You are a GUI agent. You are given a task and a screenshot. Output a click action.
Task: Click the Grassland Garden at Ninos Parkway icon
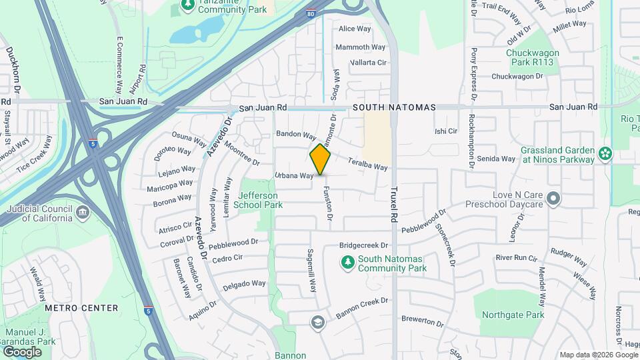(x=605, y=153)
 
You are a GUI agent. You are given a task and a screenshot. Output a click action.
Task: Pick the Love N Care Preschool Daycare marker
(x=553, y=199)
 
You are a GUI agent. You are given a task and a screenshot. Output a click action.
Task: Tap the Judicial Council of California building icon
(x=82, y=213)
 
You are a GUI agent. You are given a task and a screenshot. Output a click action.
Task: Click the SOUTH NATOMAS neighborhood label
(x=394, y=107)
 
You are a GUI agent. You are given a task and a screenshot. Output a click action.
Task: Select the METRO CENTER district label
(x=81, y=308)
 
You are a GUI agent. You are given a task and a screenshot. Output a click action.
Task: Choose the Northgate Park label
(x=513, y=315)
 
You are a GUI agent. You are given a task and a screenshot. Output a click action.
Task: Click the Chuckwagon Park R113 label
(x=531, y=57)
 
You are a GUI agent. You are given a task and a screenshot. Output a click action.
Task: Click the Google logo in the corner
(x=22, y=351)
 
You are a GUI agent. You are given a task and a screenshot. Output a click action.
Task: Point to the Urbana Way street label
(x=294, y=176)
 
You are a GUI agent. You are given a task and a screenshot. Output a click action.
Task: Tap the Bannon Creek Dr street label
(x=362, y=306)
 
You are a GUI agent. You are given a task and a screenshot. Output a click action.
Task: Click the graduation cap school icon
(x=318, y=323)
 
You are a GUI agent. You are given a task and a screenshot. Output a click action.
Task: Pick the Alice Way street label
(x=355, y=29)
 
